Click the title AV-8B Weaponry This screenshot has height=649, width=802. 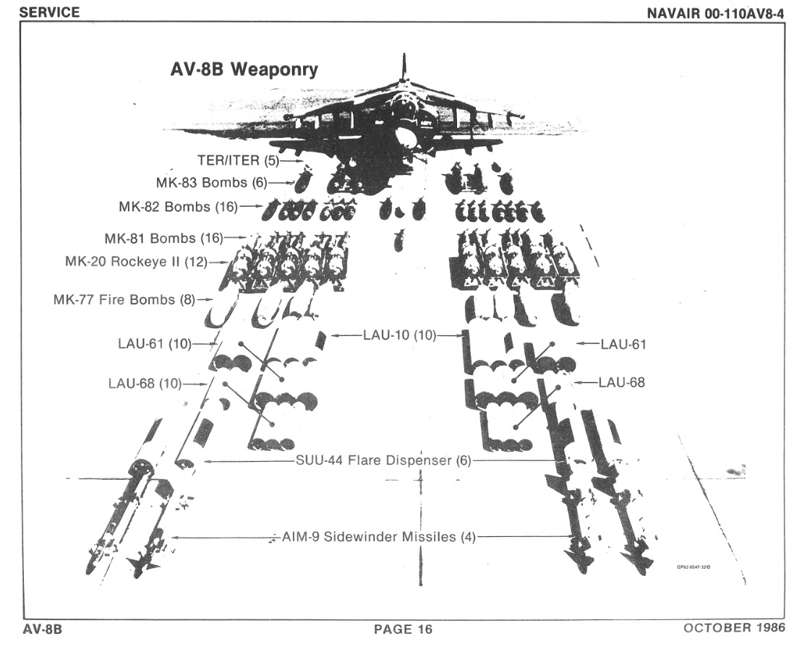click(243, 70)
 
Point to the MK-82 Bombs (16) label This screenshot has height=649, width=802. click(178, 207)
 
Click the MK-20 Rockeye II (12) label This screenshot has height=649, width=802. click(135, 261)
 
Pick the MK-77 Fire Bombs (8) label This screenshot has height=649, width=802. click(124, 298)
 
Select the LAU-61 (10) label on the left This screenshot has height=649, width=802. click(154, 344)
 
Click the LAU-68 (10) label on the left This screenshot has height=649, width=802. click(146, 382)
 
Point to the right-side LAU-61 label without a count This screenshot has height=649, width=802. click(623, 345)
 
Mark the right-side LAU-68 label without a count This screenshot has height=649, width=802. click(621, 382)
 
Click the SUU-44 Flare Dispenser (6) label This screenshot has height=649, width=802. click(383, 460)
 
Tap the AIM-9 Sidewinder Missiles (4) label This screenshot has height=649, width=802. click(377, 537)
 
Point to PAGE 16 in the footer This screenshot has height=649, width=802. click(403, 629)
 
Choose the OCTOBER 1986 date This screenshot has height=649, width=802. click(734, 627)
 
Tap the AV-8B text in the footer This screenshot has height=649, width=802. click(43, 629)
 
